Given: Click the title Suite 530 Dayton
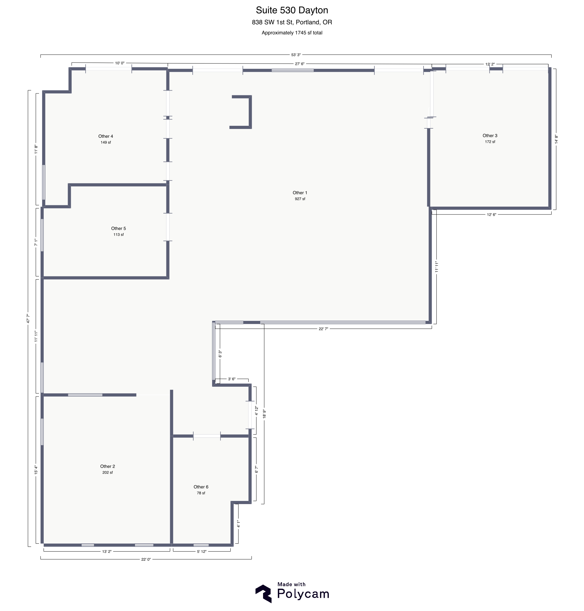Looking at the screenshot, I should coord(292,10).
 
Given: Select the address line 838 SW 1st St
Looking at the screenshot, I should coord(292,22).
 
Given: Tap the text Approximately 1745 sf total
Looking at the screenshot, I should coord(292,33).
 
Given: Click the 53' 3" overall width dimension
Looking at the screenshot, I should coord(295,55).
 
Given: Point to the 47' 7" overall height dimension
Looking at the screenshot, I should coord(28,318).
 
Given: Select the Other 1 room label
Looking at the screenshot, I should coord(300,193).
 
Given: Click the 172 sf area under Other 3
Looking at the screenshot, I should coord(490,142).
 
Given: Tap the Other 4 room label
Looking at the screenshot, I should coord(105,136).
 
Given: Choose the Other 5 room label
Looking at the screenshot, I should coord(118,228).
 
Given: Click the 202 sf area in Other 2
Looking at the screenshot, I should coord(107,472).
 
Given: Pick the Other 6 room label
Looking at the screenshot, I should coord(201,487).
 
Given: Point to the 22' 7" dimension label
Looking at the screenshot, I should coord(323,329).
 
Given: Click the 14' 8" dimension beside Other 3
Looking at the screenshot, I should coord(556,139).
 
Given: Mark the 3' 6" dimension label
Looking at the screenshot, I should coord(232,379).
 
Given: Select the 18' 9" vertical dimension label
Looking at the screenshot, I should coord(264,413).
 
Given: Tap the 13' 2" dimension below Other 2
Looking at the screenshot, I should coord(107,551).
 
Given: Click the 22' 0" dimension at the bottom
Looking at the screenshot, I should coord(146,559).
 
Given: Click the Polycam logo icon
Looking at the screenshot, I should coord(263,593).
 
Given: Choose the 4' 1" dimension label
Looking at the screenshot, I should coord(238,524).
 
